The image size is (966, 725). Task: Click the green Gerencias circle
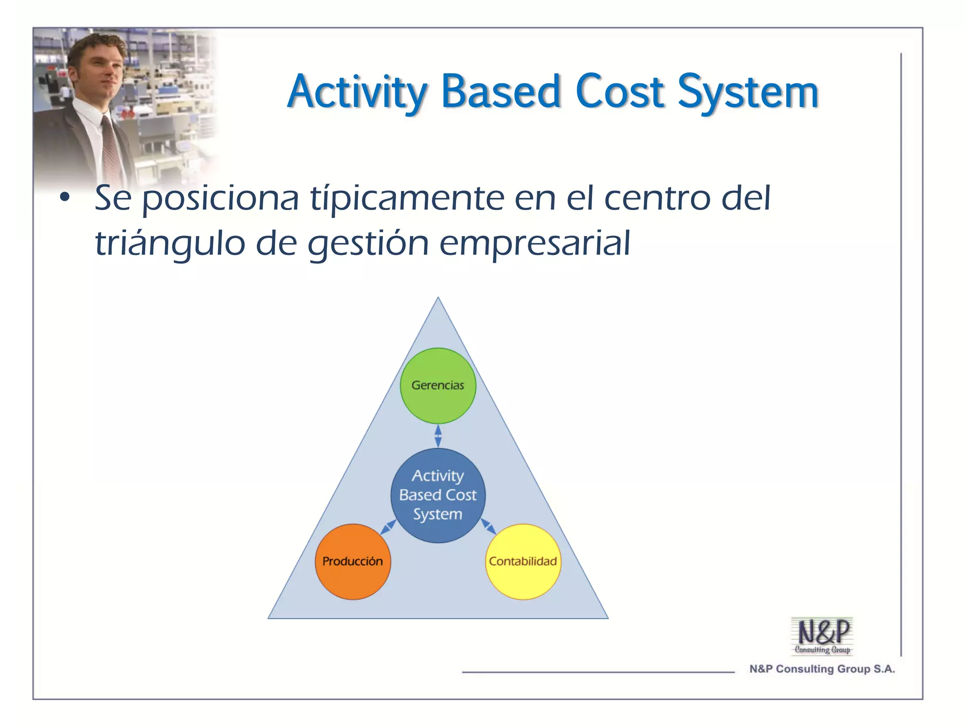[438, 386]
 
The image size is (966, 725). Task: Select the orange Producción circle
[353, 562]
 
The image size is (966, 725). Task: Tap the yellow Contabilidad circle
[523, 562]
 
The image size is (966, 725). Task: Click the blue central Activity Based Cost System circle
[438, 495]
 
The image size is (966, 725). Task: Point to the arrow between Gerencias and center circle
[438, 436]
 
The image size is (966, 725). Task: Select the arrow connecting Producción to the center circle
[388, 527]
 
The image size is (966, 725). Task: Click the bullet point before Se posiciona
[65, 197]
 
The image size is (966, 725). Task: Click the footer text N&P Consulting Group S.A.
[822, 669]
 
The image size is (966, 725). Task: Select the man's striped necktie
[111, 151]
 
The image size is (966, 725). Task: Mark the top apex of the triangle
[438, 298]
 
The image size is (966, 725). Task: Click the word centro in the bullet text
[657, 198]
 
